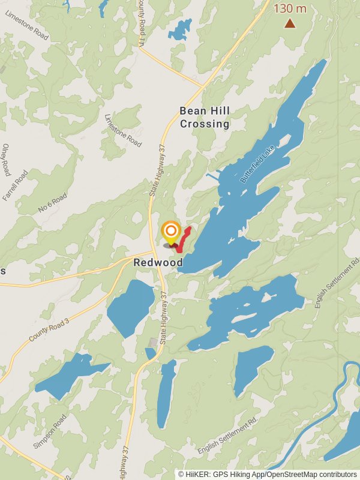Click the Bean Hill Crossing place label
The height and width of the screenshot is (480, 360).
click(205, 118)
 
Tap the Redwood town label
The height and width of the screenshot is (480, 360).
click(158, 263)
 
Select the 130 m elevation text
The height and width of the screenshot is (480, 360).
click(290, 9)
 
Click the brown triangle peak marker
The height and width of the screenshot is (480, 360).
click(290, 23)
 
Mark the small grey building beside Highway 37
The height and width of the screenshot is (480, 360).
click(154, 342)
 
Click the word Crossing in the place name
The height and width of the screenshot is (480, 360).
click(205, 124)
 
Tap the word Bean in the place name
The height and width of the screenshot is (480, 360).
click(191, 111)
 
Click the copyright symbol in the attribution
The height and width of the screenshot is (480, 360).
click(181, 474)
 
